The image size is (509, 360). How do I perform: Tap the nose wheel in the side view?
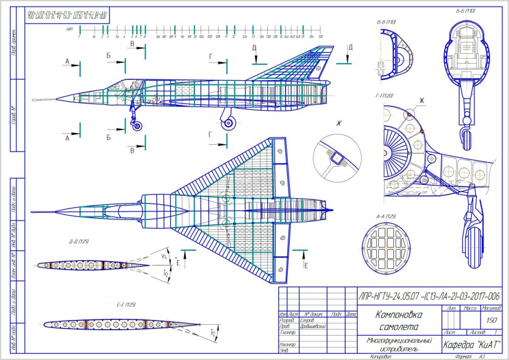click(x=138, y=125)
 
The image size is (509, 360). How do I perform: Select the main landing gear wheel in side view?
click(x=228, y=123)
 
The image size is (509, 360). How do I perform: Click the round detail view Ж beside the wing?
click(x=336, y=158)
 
